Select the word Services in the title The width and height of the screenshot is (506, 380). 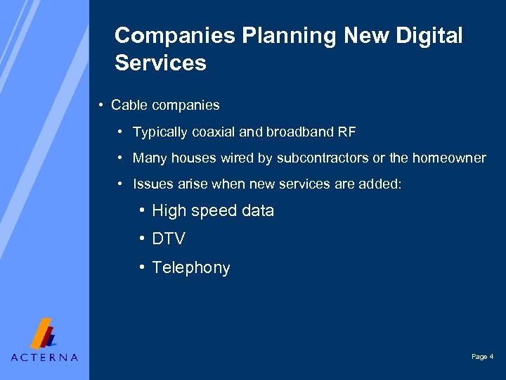(160, 63)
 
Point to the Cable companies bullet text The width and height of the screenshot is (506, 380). (165, 106)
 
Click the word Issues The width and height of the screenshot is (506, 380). (150, 184)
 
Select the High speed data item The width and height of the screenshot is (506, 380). (213, 211)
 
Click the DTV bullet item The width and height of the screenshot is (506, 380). (169, 239)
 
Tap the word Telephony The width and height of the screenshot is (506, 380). (191, 268)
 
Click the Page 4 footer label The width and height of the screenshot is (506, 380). (482, 357)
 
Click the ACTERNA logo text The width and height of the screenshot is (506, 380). (44, 357)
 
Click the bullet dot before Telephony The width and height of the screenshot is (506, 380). (142, 267)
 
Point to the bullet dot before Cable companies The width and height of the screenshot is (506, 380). (102, 106)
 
